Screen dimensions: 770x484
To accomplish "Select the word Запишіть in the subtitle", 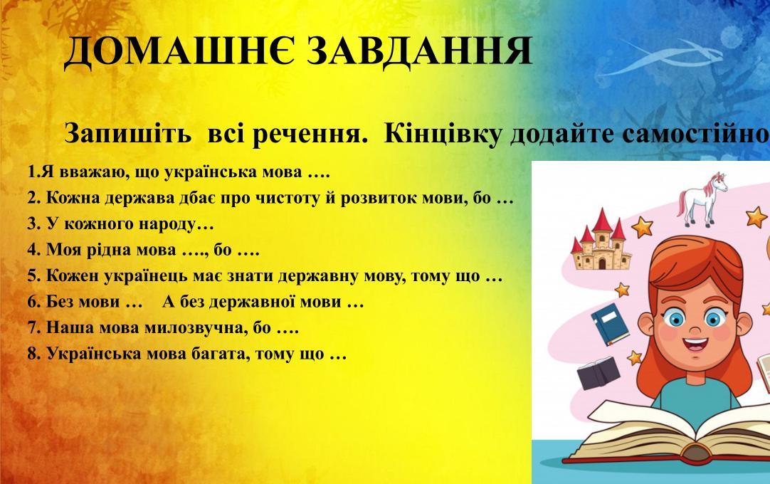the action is coord(127,134).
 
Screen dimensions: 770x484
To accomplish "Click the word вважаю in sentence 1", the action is coord(78,172).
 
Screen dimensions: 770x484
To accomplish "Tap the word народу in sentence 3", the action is coord(167,224).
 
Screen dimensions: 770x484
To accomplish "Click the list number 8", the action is coord(32,354).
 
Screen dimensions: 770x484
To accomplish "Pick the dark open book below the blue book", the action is coord(598,374).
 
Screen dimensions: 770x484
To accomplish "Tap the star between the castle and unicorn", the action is coord(643,227).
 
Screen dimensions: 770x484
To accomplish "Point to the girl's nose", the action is coord(694,327).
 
